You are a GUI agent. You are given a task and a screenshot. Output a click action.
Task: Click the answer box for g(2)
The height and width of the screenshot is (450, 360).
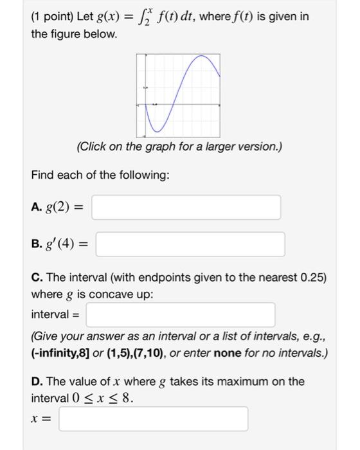pos(186,207)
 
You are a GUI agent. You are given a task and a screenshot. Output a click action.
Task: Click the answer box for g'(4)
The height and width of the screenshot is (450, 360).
pos(191,244)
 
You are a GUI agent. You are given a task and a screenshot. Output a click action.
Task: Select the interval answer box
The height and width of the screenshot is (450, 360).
pos(181,314)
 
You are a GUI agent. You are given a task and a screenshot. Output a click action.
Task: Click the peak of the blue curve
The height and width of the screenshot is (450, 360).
pos(204,57)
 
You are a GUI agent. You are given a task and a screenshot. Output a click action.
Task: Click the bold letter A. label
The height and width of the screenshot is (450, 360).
pos(37,207)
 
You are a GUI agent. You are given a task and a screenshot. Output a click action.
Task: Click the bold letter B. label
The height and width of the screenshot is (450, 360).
pos(37,244)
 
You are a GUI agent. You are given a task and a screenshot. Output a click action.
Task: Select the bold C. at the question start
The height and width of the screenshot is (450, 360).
pos(37,278)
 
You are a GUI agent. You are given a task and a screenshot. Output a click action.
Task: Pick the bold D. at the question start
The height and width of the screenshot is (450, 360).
pos(37,381)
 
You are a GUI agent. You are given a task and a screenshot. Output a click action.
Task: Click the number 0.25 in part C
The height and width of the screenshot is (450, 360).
pos(315,278)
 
